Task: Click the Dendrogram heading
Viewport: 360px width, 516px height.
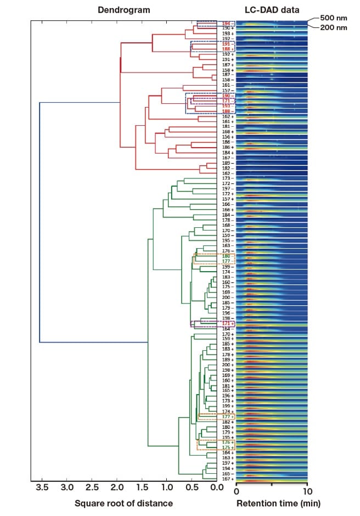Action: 123,10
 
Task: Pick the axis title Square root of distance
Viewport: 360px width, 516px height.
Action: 124,503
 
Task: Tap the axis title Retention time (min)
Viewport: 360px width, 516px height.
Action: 278,503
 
